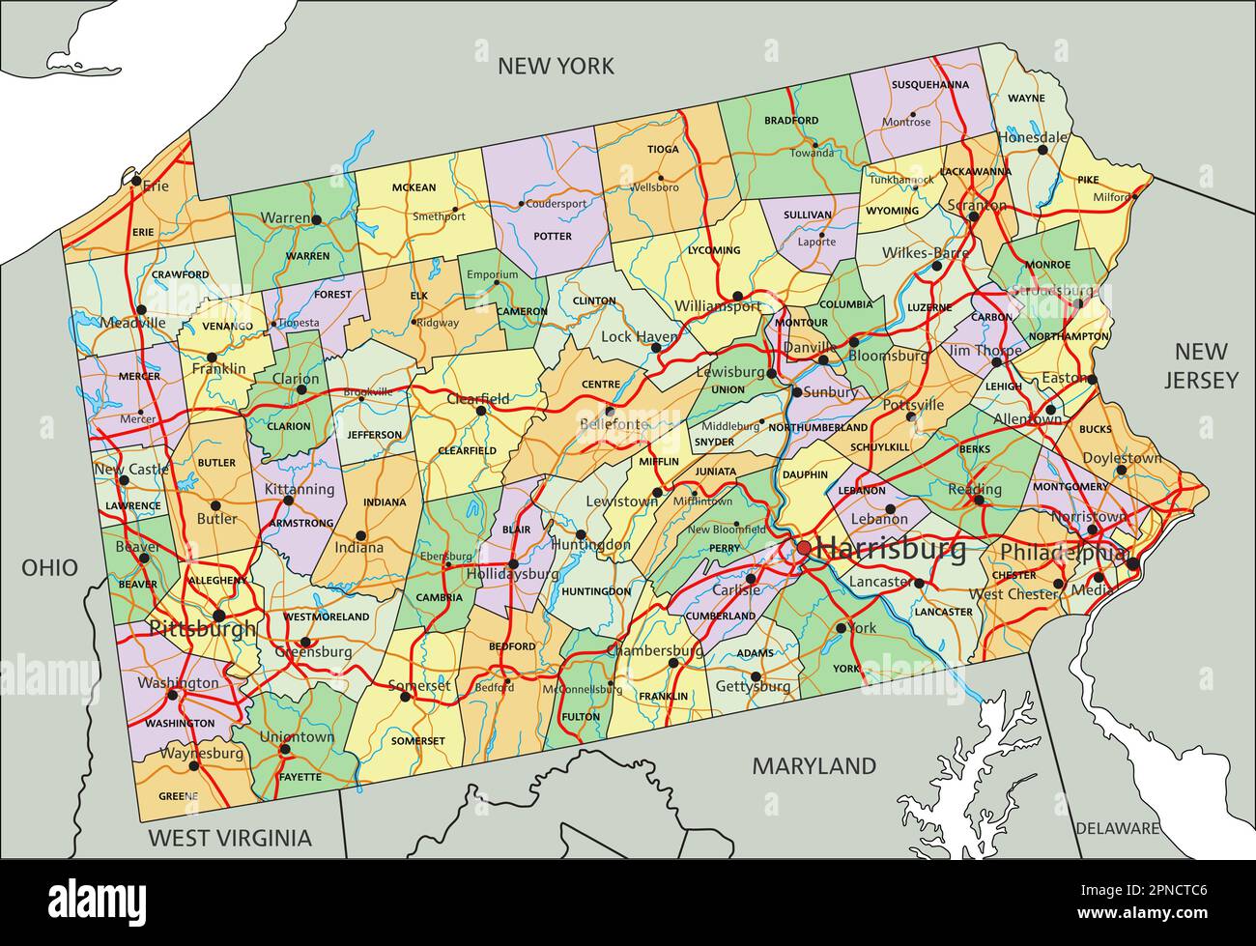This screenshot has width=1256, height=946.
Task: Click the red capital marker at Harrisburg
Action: coord(804,549)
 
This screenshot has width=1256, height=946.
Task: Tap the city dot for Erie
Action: coord(136,181)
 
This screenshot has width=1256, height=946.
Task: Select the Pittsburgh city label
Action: coord(203,628)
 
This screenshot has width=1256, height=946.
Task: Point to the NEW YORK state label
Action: coord(556,66)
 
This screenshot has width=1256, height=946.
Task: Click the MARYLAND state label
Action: coord(814,766)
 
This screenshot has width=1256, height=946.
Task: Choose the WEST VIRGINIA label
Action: coord(230,838)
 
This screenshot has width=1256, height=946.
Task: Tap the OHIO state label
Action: coord(50,567)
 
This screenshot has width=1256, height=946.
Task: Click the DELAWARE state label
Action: coord(1117,828)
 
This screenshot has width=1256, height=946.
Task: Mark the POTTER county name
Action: coord(553,236)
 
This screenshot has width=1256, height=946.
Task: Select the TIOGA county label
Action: coord(663,150)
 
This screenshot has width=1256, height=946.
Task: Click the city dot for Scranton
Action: coord(974,216)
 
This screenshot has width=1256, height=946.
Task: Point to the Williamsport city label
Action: coord(718,305)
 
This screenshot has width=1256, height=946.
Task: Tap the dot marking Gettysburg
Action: coord(756,676)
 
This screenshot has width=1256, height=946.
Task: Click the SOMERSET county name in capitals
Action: coord(418,741)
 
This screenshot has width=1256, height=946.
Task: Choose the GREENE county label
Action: coord(178,796)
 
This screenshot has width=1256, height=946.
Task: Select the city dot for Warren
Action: coord(316,220)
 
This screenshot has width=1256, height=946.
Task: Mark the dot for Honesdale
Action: coord(1042,150)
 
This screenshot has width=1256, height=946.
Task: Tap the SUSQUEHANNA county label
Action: coord(929,85)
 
